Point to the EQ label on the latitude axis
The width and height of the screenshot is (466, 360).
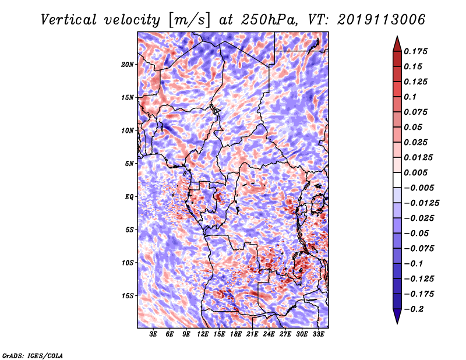coord(130,196)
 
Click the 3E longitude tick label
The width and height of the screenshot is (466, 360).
coord(153,335)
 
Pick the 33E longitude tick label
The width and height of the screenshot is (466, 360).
coord(319,335)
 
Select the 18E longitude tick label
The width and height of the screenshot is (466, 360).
coord(236,335)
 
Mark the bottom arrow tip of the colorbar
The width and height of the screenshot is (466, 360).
coord(396,322)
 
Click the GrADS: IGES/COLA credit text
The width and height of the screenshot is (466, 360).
coord(32,355)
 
